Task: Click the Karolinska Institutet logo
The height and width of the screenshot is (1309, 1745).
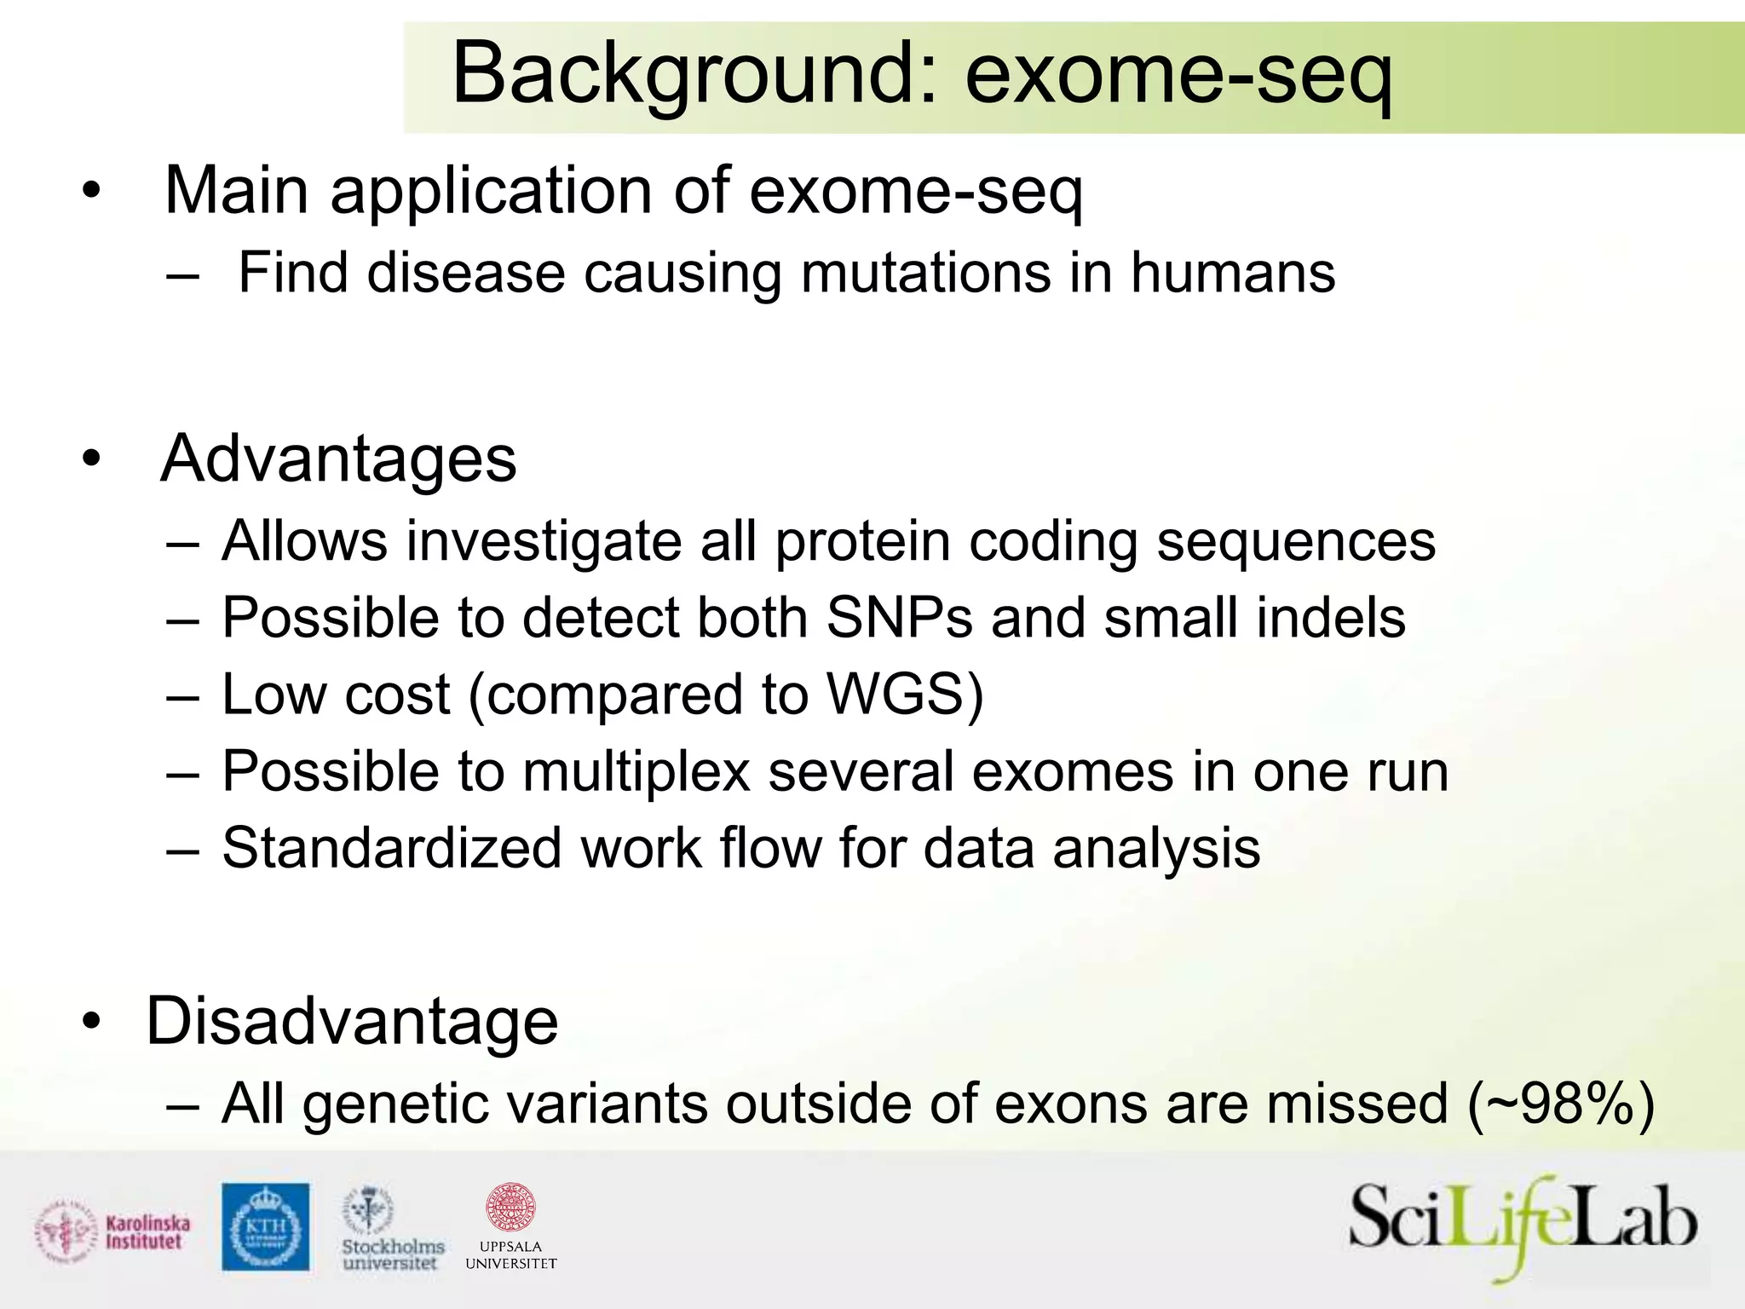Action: [113, 1232]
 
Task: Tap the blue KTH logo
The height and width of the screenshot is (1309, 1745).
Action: [266, 1226]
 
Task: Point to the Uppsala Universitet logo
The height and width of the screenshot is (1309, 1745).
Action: [511, 1227]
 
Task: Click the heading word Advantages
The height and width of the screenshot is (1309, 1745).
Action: [338, 459]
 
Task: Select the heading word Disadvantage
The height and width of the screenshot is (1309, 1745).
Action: [352, 1021]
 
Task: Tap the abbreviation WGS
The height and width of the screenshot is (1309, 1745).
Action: [896, 694]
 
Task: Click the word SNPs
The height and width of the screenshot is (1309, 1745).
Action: [899, 617]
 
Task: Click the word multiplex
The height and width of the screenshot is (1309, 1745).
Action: [636, 771]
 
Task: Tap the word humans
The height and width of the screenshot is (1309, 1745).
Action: [1232, 274]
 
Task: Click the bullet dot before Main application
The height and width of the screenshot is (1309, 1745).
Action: [91, 192]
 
